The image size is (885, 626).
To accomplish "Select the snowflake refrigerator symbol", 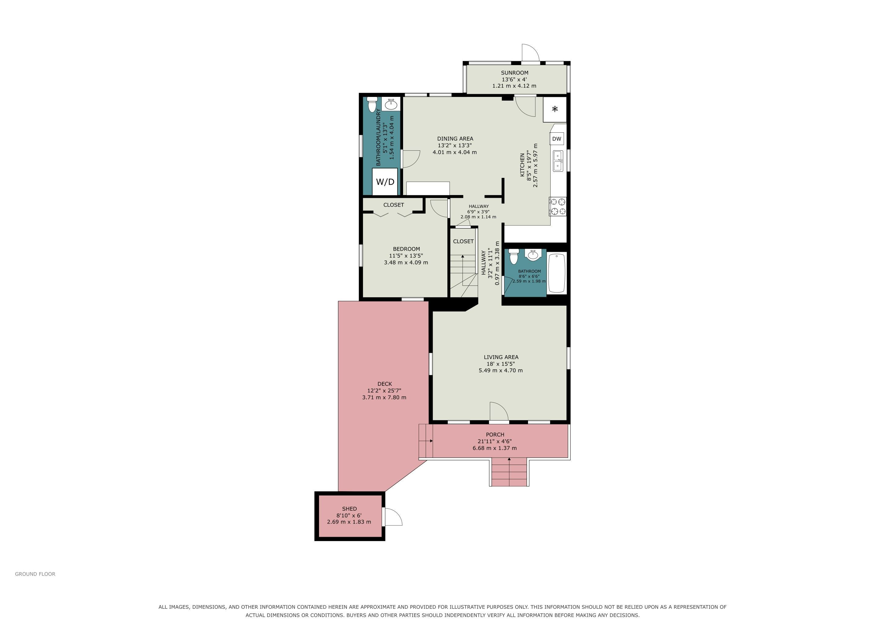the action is (x=555, y=109).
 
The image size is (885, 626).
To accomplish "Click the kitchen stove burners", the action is (x=558, y=206).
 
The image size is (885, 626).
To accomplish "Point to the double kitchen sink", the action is (x=557, y=161).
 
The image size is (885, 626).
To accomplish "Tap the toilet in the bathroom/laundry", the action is (x=372, y=104).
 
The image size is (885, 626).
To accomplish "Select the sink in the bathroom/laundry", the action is (x=391, y=104).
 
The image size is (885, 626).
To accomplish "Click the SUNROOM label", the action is (x=515, y=72).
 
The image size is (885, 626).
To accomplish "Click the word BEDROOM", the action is (x=406, y=249).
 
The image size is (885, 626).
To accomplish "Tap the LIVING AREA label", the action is (x=501, y=357).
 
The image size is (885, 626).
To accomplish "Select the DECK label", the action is (x=385, y=384).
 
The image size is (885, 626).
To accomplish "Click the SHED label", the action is (x=349, y=508).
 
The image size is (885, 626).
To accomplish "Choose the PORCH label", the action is (x=495, y=434).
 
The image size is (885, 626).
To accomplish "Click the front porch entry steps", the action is (x=509, y=473).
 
